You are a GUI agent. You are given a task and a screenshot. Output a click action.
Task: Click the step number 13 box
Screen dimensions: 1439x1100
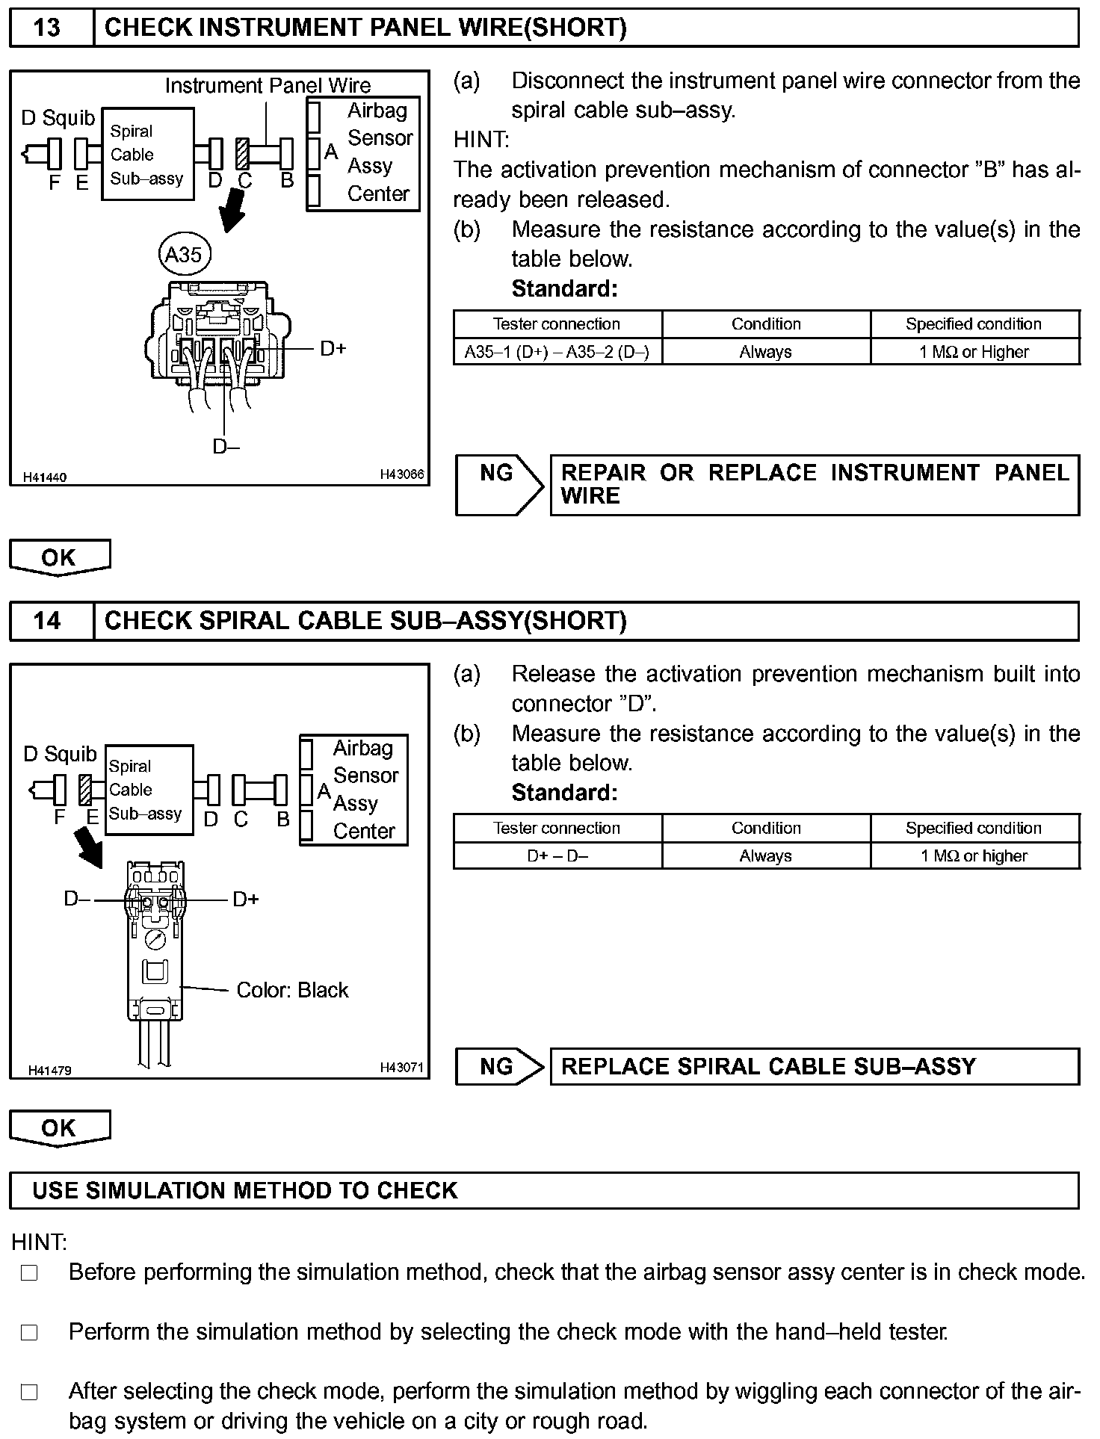(47, 28)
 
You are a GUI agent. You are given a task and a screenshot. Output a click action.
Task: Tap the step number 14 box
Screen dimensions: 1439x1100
(47, 621)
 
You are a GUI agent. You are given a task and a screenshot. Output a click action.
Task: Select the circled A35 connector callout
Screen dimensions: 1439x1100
(184, 255)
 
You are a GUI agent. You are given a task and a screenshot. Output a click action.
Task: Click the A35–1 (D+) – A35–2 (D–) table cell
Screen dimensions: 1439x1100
(557, 352)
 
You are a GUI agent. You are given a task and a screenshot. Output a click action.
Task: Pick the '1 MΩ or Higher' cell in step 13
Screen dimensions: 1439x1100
(974, 352)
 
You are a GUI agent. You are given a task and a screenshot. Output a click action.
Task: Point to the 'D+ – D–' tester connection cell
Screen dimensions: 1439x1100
(557, 856)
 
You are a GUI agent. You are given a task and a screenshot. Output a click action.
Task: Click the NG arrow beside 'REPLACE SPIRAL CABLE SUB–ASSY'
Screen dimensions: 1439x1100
(499, 1066)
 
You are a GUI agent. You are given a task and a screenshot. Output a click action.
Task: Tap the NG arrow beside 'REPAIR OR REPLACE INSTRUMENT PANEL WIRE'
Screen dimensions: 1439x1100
(499, 484)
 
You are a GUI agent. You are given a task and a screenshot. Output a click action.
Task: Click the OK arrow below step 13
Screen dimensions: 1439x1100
(60, 557)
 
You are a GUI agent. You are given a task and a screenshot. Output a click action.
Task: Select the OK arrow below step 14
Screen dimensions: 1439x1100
(60, 1128)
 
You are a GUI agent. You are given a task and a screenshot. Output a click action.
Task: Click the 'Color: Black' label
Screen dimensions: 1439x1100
(292, 990)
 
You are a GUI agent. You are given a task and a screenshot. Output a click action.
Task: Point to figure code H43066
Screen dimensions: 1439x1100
(401, 474)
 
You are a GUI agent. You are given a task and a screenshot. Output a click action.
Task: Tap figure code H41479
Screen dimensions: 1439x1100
(49, 1070)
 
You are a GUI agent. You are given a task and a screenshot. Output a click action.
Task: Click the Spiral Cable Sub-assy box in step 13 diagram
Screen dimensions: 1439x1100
(147, 154)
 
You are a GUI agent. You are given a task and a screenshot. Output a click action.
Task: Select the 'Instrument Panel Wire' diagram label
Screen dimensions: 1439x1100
(268, 85)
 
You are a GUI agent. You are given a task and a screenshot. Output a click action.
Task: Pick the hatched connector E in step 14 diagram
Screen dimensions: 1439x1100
(85, 790)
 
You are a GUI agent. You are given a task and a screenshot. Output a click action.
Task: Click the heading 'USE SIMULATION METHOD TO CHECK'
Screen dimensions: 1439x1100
(244, 1190)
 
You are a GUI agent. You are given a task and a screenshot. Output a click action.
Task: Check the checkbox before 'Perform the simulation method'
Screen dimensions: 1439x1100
(29, 1332)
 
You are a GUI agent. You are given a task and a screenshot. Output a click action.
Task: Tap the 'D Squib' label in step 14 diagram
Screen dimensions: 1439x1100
(60, 754)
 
